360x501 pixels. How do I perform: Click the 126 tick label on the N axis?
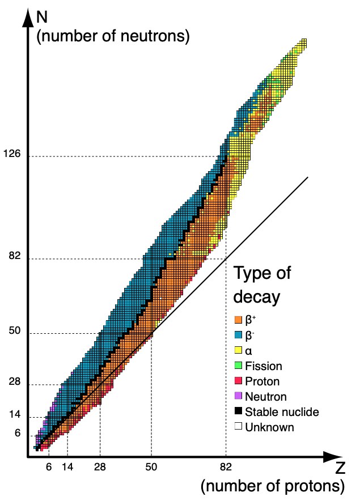click(x=12, y=154)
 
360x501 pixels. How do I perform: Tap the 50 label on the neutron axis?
click(x=15, y=331)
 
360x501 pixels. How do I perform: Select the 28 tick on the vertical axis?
click(x=15, y=383)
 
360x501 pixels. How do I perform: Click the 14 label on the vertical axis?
click(x=15, y=415)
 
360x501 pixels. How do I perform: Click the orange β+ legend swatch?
click(x=239, y=321)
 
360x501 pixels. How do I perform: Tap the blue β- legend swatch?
click(x=239, y=336)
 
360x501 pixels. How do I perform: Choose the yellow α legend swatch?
click(x=239, y=351)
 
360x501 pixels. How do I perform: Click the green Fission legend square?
click(x=239, y=367)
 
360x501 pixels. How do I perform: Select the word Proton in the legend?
click(x=262, y=381)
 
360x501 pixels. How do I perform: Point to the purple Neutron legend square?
click(x=239, y=397)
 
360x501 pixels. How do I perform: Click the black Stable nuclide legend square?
click(x=239, y=412)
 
